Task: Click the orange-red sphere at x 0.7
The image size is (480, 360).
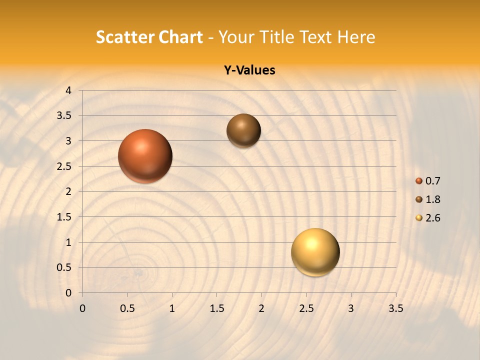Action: coord(145,156)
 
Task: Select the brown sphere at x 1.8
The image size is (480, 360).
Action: coord(243,130)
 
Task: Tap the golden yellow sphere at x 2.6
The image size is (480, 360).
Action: coord(315,252)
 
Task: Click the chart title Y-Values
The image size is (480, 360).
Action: coord(249,70)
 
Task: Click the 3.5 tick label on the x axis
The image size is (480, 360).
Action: coord(395,308)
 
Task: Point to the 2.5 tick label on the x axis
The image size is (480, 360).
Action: coord(306,308)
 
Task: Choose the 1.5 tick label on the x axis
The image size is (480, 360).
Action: coord(216,308)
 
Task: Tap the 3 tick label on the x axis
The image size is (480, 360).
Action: coord(351,308)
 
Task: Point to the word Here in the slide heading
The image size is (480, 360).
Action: coord(356,37)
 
